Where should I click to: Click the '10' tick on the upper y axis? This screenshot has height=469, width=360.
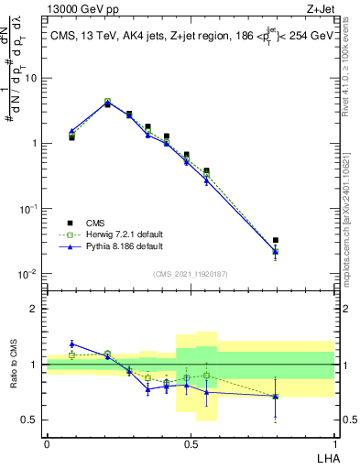(x=34, y=78)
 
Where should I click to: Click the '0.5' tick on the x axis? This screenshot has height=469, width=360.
(x=191, y=442)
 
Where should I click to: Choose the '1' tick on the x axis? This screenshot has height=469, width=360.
(x=334, y=442)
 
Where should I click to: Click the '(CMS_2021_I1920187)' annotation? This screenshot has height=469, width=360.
(x=191, y=273)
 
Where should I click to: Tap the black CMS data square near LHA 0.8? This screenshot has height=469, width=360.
(x=276, y=241)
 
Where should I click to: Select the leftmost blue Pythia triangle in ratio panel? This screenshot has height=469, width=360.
(x=71, y=344)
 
